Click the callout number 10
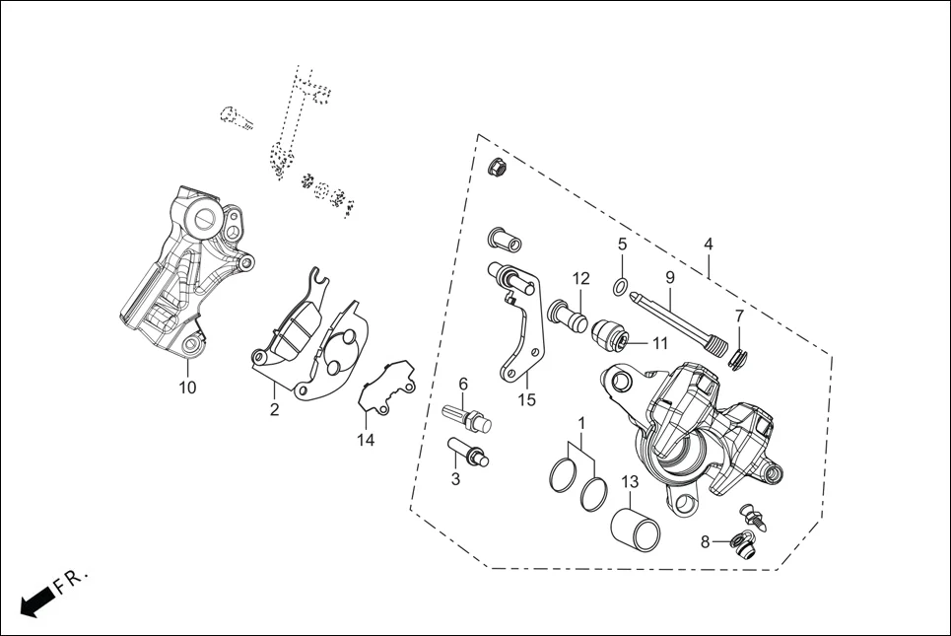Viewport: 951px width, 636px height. click(x=187, y=388)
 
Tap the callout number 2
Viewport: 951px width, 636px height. click(x=274, y=409)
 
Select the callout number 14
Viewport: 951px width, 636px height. click(x=366, y=440)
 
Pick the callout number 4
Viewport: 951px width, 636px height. click(x=708, y=244)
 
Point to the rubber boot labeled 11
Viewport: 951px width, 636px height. click(x=612, y=336)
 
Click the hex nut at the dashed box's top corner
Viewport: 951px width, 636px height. click(x=498, y=168)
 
